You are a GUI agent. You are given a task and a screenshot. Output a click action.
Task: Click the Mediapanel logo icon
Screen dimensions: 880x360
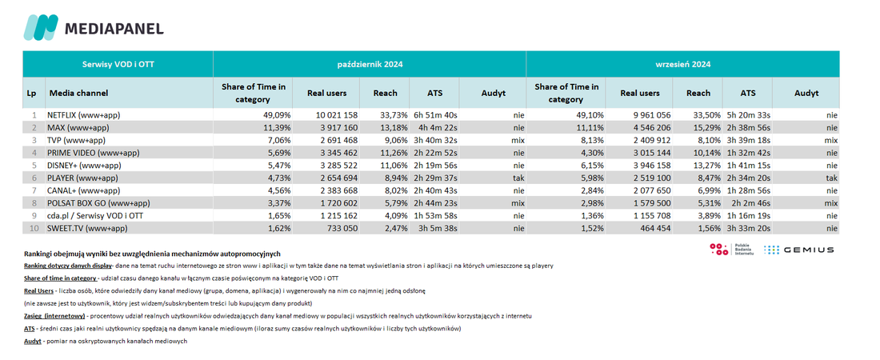point(41,27)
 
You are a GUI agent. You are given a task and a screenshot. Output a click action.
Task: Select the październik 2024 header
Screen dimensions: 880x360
point(370,64)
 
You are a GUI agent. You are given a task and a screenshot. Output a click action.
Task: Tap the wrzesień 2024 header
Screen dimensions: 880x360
point(683,64)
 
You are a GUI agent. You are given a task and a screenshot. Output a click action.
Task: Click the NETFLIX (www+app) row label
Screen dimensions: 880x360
point(84,115)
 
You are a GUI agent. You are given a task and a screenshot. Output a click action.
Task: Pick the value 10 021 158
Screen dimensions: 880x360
point(332,115)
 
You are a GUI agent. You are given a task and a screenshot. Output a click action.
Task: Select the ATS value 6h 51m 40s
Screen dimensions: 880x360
point(435,115)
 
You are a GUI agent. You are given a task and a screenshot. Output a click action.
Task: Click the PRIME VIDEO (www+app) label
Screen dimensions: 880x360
point(94,153)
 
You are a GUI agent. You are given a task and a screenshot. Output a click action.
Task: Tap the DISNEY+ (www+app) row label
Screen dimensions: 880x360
point(84,165)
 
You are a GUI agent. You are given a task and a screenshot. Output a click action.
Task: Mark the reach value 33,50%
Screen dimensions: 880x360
point(706,115)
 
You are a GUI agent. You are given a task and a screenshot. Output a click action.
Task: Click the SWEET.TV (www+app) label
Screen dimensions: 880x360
point(87,228)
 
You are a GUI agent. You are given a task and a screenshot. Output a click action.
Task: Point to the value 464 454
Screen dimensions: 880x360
point(654,228)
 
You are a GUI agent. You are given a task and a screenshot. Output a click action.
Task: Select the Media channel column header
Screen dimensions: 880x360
point(78,93)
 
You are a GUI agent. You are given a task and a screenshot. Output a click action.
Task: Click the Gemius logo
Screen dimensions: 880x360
point(799,250)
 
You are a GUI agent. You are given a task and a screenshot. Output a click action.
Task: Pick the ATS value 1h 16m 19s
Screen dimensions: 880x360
point(748,216)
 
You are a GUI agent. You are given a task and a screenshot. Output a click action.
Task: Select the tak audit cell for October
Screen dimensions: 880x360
point(518,178)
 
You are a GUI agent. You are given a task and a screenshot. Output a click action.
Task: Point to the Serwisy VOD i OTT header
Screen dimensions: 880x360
point(118,64)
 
